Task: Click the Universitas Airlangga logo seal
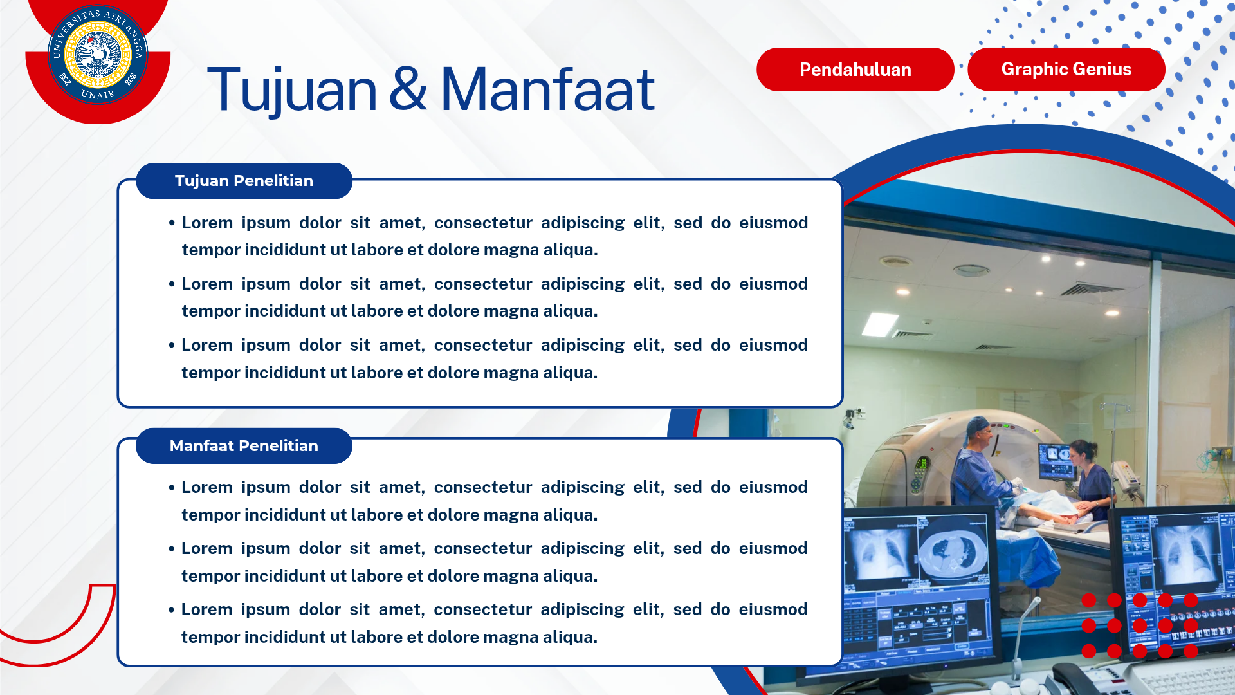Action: [98, 55]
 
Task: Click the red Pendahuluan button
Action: [855, 69]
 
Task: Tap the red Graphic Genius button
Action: [1066, 69]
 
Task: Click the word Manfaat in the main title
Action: [547, 90]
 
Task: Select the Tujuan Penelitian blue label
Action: [244, 181]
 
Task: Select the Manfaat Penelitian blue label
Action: [244, 446]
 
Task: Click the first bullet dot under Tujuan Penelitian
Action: [172, 223]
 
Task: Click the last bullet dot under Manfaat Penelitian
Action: [172, 610]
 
